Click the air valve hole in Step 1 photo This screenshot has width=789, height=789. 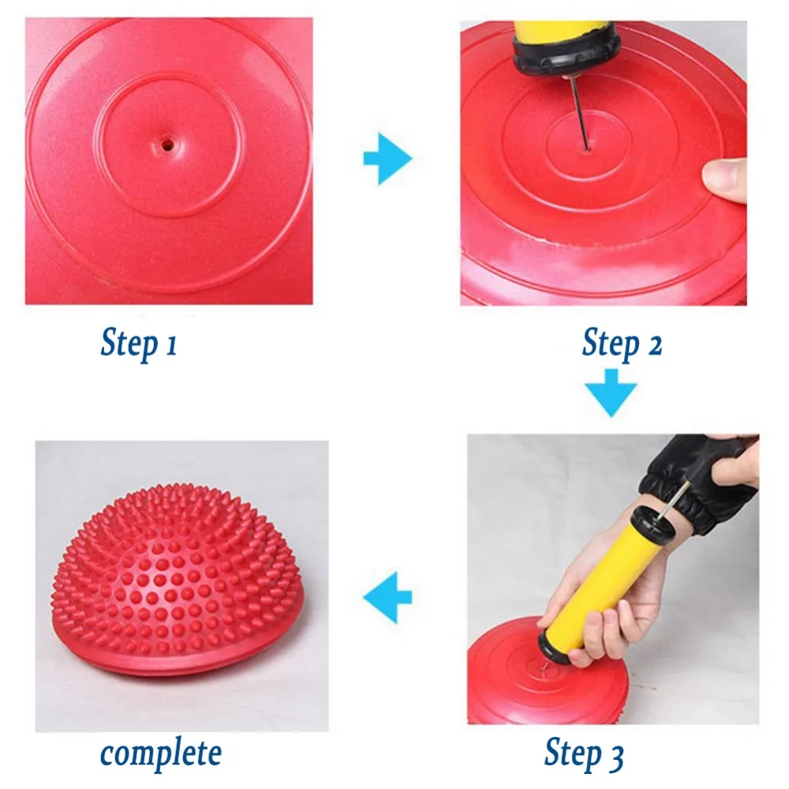coord(166,145)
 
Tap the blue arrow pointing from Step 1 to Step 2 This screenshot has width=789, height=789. coord(387,159)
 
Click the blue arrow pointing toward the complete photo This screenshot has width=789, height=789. coord(387,596)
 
